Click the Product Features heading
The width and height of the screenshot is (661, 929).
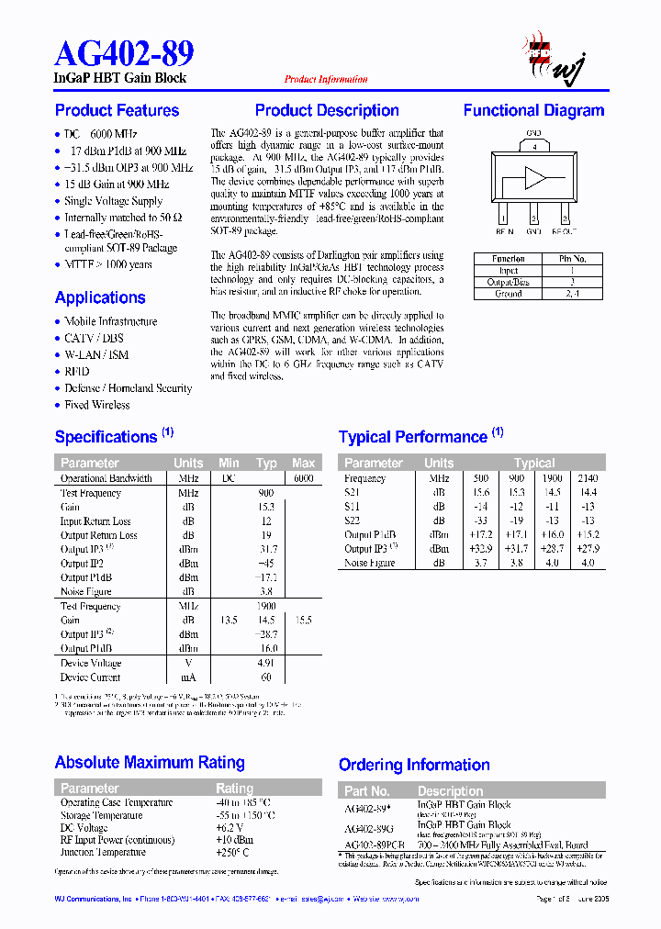(117, 111)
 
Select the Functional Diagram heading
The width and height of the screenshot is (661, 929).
(533, 111)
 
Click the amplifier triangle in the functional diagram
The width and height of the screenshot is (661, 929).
(533, 177)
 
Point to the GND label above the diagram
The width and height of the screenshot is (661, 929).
(533, 133)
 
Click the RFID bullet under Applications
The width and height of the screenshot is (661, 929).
(77, 372)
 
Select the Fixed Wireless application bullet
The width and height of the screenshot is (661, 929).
(96, 405)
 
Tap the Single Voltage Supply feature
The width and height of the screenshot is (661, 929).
(113, 201)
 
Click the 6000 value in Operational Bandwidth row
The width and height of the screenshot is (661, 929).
(303, 478)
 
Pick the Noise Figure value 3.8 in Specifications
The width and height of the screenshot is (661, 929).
(267, 592)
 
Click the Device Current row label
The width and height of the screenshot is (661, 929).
(91, 677)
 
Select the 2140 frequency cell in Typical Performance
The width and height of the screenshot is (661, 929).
(588, 478)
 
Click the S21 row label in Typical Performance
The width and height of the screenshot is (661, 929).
(353, 493)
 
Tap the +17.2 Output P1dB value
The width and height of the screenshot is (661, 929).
(481, 534)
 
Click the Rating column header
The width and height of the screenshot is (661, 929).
(234, 789)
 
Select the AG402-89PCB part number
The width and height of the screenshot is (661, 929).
(375, 845)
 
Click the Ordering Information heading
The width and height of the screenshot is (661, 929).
(414, 765)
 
